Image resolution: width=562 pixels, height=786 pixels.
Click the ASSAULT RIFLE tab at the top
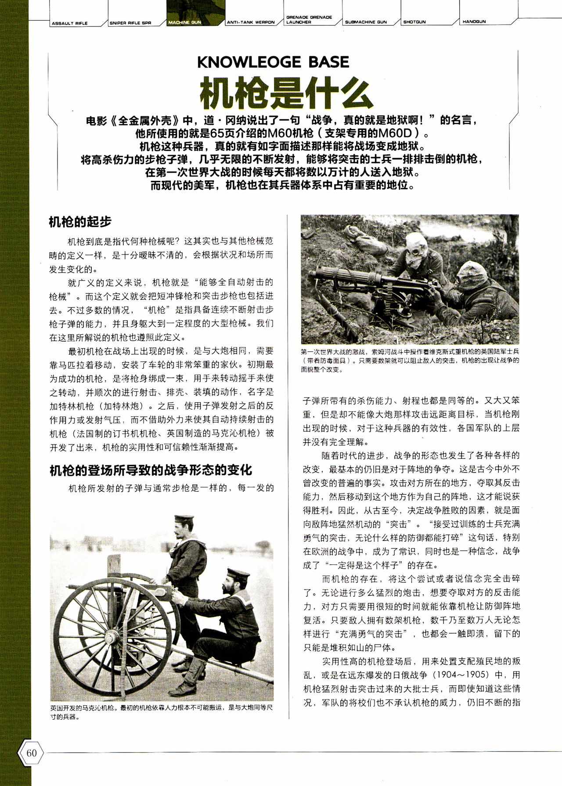[x=69, y=23]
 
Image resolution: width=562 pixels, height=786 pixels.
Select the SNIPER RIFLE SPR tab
[x=130, y=23]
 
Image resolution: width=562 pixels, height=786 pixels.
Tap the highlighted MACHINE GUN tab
[x=184, y=22]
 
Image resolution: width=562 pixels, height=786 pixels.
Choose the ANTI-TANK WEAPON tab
[x=250, y=22]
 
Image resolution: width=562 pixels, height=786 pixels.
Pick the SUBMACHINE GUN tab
[x=366, y=22]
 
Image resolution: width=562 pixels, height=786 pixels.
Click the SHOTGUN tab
[x=414, y=22]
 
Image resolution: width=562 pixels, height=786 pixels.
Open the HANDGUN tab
[x=474, y=22]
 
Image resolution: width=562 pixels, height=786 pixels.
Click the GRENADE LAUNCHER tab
[x=309, y=20]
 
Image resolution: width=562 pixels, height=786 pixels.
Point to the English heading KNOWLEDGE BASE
[x=273, y=62]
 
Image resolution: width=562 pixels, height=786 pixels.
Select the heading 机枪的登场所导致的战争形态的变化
[x=151, y=470]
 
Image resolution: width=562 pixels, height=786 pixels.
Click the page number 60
[x=31, y=753]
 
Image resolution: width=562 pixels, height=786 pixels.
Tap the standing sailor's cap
[x=184, y=520]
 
